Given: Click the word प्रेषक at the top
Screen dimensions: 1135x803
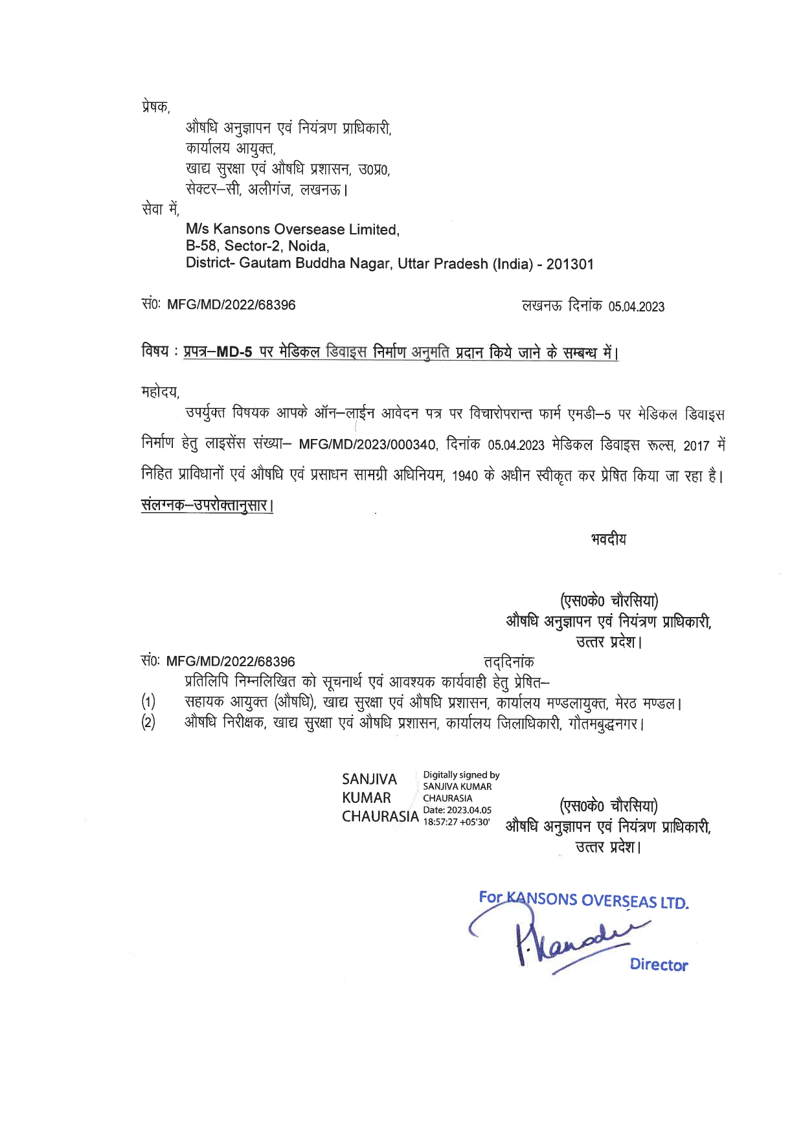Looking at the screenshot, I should [x=155, y=107].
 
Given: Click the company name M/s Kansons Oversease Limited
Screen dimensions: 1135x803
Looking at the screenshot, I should [x=292, y=229].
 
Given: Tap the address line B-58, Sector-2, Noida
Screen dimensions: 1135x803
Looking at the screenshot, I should [x=257, y=246].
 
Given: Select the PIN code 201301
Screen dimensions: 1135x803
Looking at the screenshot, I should [x=570, y=264].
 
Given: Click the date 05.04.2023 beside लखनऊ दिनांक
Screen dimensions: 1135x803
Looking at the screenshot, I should [x=636, y=307].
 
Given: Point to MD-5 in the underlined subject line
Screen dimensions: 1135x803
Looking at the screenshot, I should [x=234, y=353].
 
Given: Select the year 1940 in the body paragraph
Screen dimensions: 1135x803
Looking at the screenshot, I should [x=465, y=477].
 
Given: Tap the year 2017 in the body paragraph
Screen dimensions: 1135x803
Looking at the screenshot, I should [x=696, y=446].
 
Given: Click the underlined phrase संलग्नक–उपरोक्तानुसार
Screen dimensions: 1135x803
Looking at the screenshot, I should [x=207, y=505].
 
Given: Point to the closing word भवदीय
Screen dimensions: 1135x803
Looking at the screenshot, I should [x=608, y=539].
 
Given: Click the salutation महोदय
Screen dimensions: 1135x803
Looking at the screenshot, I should [x=159, y=392].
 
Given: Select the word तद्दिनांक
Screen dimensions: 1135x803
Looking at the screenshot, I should [x=509, y=662].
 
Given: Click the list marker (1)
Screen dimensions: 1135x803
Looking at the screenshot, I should [x=148, y=702].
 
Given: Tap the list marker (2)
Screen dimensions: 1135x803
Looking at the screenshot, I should [x=148, y=723].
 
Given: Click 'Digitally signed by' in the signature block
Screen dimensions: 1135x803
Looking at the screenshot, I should [x=461, y=775].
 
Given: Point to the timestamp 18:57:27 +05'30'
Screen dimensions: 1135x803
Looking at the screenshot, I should [x=457, y=822].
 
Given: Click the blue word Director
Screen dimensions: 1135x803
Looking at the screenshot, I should [x=659, y=965].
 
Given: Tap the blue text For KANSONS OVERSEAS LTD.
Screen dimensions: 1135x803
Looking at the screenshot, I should [x=583, y=900].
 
